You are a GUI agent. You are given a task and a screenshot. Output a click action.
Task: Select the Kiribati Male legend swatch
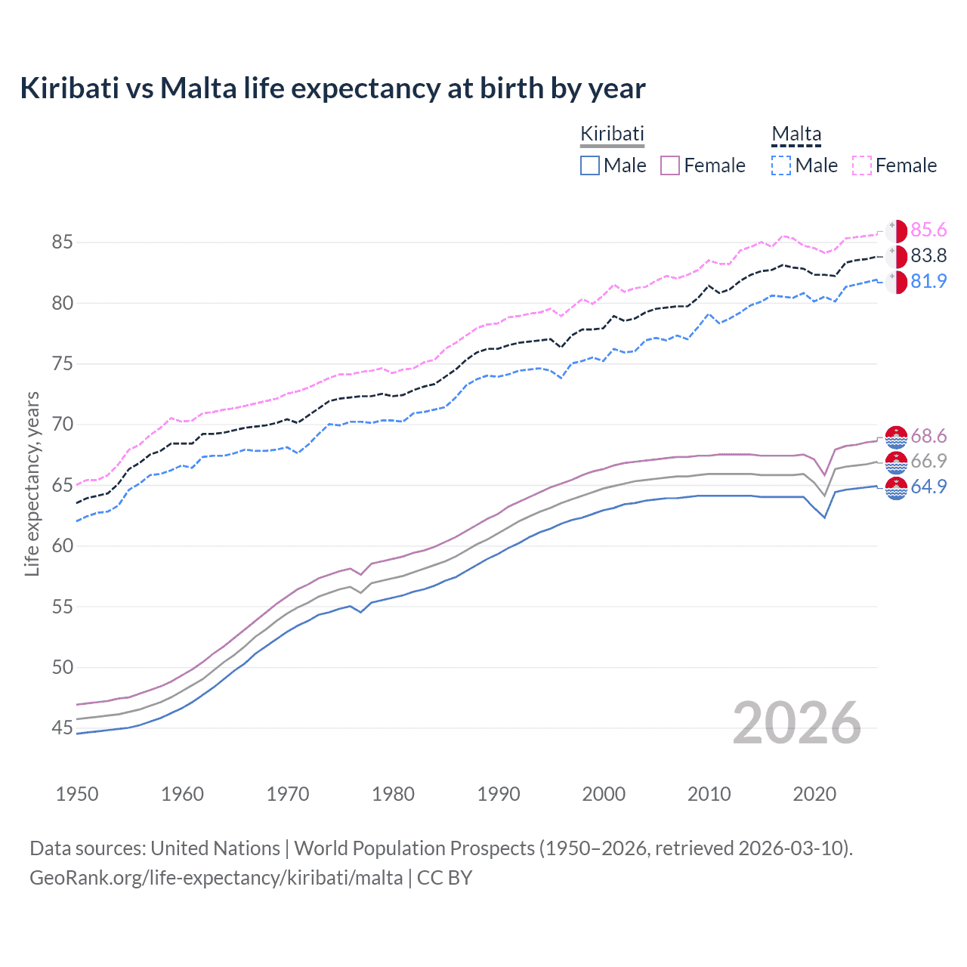click(590, 165)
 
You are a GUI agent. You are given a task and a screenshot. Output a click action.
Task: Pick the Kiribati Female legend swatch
click(670, 165)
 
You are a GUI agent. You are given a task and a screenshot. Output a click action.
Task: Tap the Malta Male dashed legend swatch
click(781, 165)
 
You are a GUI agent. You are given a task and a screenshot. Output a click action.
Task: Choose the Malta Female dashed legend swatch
click(862, 165)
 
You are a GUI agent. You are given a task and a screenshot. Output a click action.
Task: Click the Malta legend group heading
click(796, 134)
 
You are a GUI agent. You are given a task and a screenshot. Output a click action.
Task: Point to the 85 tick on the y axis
click(62, 243)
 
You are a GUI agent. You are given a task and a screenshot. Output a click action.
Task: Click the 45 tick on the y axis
click(62, 728)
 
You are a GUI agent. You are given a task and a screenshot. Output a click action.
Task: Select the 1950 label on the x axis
click(77, 794)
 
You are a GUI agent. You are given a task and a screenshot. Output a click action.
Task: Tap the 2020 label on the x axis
click(814, 794)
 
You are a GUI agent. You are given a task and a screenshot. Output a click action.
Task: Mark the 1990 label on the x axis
click(499, 794)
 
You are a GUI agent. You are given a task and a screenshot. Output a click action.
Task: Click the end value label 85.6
click(928, 230)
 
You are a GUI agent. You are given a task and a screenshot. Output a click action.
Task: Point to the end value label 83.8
click(928, 256)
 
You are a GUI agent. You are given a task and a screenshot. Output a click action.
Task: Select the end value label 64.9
click(928, 487)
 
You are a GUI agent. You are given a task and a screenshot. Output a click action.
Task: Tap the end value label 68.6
click(928, 437)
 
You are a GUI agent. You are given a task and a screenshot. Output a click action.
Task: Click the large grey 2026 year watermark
click(797, 723)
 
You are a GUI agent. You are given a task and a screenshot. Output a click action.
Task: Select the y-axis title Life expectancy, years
click(32, 483)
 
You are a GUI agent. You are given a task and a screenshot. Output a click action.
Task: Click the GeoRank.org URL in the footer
click(216, 878)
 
